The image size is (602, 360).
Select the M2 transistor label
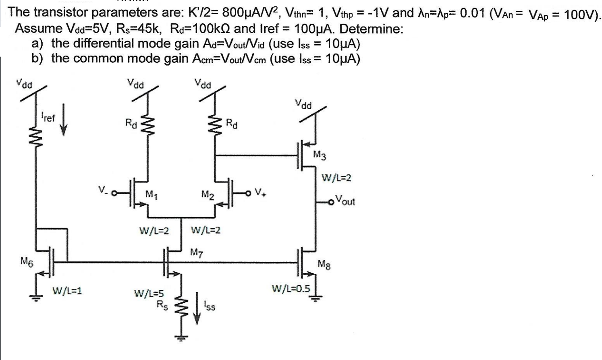(x=208, y=195)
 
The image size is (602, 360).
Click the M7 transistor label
(x=196, y=253)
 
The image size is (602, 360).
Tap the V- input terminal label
(x=104, y=188)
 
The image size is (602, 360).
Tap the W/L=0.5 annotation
(x=291, y=289)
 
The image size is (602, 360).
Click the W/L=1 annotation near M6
(x=67, y=290)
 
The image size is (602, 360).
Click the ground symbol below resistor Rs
(x=181, y=337)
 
